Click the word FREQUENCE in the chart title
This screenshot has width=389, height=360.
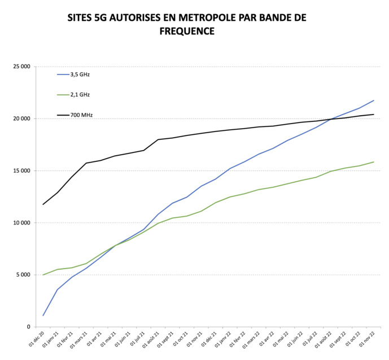click(186, 32)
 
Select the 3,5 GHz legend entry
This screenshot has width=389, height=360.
click(80, 74)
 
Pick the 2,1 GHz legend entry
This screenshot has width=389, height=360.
click(80, 95)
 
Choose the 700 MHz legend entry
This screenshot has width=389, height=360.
click(81, 115)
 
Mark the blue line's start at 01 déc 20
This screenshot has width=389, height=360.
click(43, 315)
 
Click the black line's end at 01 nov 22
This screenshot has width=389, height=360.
click(373, 115)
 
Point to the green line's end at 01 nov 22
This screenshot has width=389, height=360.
click(373, 162)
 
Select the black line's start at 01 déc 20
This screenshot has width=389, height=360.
click(43, 204)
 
